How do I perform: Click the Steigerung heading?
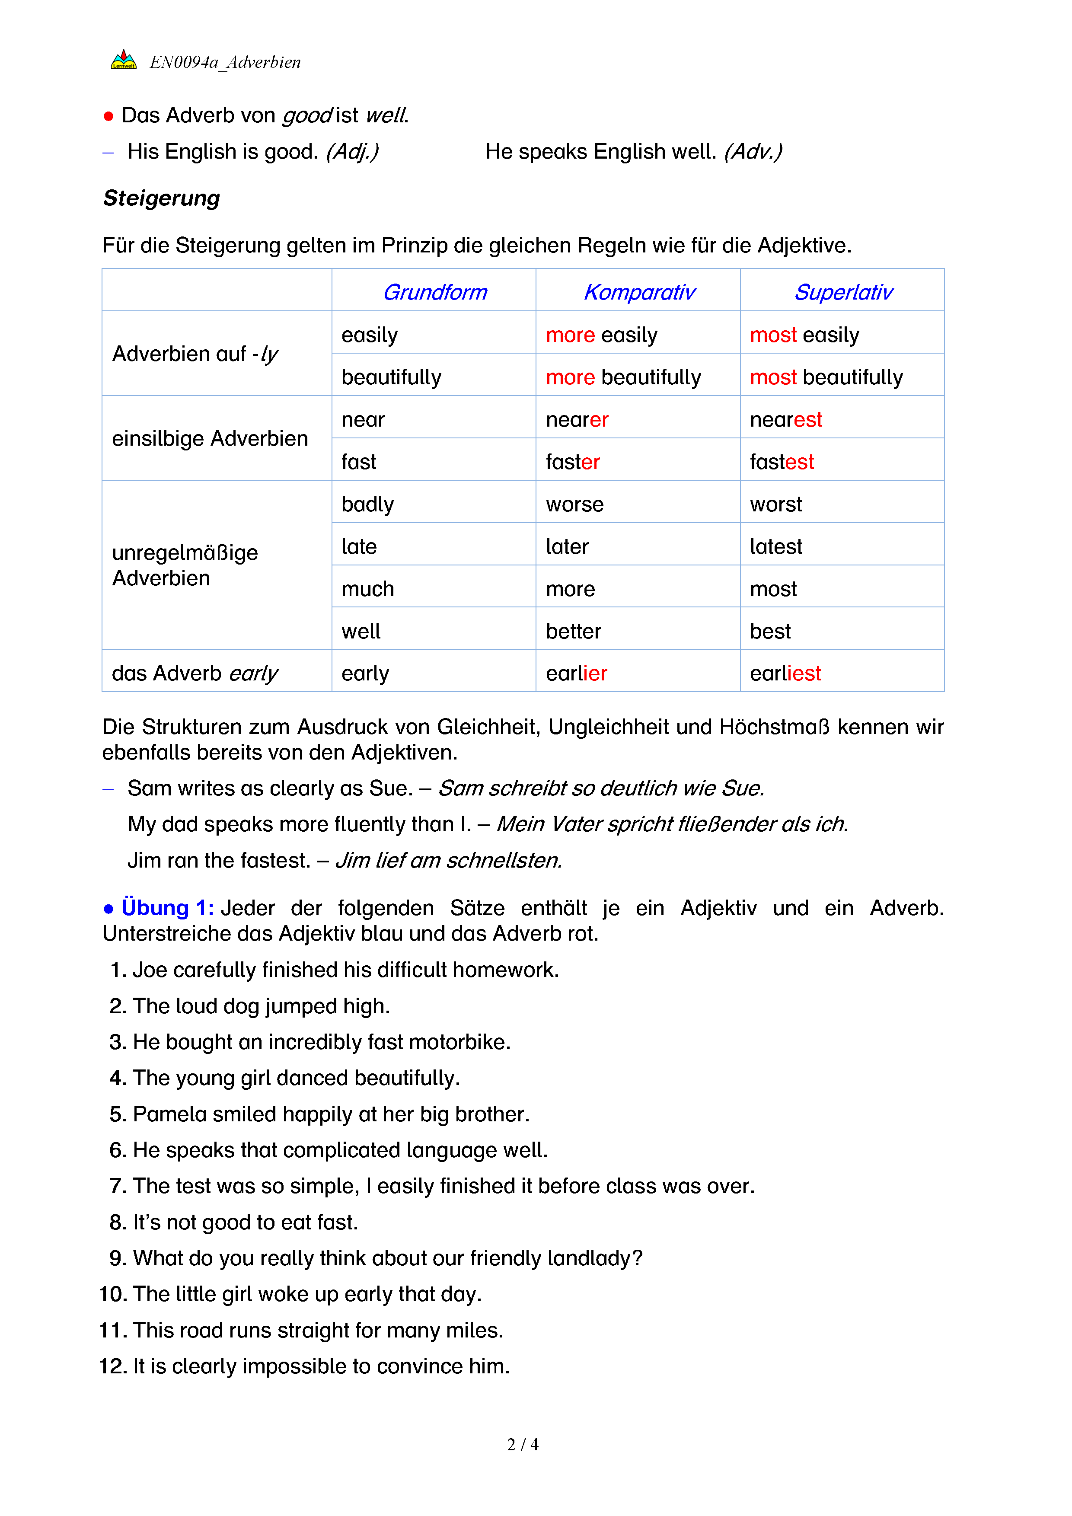tap(162, 198)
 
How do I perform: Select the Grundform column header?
tap(435, 292)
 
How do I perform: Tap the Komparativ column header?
tap(639, 292)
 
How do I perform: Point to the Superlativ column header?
tap(843, 292)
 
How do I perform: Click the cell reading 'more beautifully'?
tap(623, 377)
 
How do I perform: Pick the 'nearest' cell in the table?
tap(785, 419)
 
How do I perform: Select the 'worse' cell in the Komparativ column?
tap(574, 504)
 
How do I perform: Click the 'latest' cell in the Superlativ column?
tap(775, 547)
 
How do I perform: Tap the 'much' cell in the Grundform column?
tap(368, 589)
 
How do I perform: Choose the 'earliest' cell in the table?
tap(785, 673)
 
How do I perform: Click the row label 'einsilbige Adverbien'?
tap(210, 438)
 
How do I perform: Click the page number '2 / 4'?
tap(522, 1445)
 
